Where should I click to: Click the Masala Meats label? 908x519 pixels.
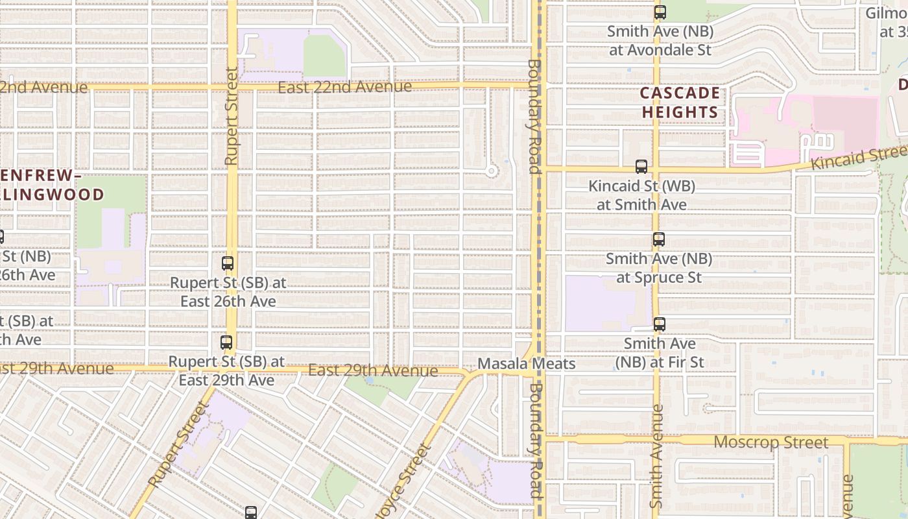[526, 364]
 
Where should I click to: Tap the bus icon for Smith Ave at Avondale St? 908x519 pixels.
[660, 12]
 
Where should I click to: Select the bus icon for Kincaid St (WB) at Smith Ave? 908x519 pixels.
[641, 167]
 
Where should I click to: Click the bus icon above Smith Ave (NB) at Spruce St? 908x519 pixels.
[658, 239]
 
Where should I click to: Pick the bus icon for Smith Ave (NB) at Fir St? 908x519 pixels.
[659, 324]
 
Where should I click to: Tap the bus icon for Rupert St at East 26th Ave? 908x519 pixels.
[227, 263]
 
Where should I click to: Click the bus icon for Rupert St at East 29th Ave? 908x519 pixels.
[226, 342]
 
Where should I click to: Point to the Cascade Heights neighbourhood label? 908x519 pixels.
[680, 103]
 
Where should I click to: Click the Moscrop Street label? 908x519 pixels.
[771, 442]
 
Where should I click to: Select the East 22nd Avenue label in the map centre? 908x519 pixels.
[344, 87]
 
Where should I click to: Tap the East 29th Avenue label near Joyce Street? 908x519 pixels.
[373, 371]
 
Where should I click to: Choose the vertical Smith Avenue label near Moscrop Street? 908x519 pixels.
[656, 457]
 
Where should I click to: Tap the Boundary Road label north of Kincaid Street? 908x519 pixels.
[533, 117]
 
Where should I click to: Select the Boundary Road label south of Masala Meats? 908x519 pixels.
[534, 441]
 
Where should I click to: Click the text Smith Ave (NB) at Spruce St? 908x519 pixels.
[658, 268]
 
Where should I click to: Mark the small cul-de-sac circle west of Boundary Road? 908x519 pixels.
[492, 171]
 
